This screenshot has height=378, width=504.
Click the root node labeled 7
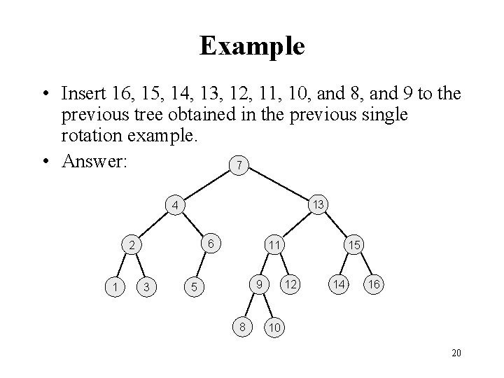[x=240, y=166]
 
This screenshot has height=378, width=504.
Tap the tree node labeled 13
[x=318, y=204]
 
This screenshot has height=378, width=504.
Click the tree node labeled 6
[x=211, y=244]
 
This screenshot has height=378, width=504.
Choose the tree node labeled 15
[x=355, y=246]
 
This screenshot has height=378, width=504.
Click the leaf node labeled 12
[x=290, y=285]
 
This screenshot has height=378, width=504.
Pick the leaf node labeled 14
[x=339, y=285]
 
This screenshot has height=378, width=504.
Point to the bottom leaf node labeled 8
[x=242, y=325]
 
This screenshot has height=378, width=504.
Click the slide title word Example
[x=252, y=46]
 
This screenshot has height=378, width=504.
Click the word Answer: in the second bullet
[x=97, y=161]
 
